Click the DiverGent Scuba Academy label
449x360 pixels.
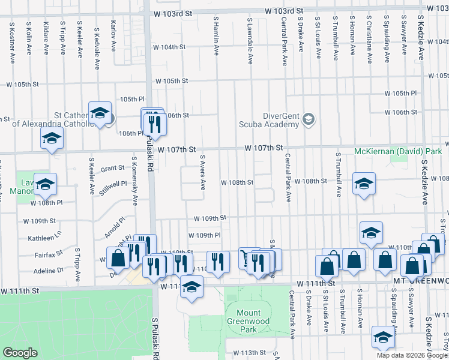click(x=280, y=120)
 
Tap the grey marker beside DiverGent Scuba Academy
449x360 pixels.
click(x=309, y=119)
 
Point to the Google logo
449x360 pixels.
click(x=20, y=353)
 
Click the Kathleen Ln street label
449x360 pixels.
click(x=44, y=238)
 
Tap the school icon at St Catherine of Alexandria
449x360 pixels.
click(x=100, y=112)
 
